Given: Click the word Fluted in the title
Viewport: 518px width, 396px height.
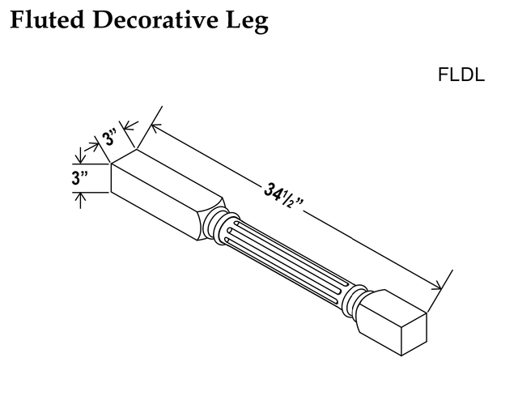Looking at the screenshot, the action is coord(47,19).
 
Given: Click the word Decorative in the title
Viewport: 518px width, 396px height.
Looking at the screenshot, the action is coord(155,19).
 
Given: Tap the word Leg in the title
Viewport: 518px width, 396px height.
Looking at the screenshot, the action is coord(247,22).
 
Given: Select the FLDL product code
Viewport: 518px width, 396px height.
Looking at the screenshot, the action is coord(461,75).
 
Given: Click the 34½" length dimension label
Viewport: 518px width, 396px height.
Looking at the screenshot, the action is coord(283,198).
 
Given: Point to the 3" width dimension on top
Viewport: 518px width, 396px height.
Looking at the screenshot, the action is coord(109,138).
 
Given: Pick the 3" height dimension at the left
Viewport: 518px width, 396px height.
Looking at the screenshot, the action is coord(79,178).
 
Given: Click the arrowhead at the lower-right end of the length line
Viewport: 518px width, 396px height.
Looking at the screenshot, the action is coord(436,286).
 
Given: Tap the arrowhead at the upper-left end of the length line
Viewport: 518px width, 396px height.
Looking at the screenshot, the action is coord(155,127).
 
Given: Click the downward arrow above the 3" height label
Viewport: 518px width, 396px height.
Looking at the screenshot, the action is coord(80,155).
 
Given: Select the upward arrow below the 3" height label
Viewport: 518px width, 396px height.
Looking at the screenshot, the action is coord(80,200).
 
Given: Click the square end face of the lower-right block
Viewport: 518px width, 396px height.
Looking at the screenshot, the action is coord(414,334).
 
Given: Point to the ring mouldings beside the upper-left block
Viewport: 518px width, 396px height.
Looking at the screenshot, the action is coord(220,227).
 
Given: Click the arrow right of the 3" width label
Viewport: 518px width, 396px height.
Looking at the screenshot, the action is coord(129,126).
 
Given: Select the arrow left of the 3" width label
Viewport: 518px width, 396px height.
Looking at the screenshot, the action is coord(92,147).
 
